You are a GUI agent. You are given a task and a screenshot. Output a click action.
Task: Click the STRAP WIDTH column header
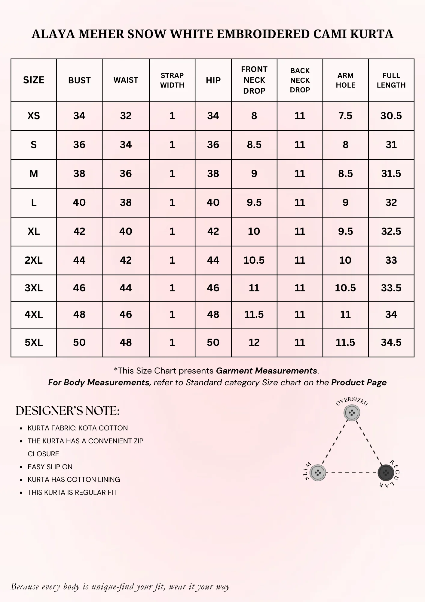point(172,80)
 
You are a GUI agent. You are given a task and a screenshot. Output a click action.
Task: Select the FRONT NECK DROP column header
point(254,80)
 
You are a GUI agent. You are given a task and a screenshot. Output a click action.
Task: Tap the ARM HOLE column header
point(345,80)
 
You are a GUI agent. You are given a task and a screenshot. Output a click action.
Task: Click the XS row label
point(34,116)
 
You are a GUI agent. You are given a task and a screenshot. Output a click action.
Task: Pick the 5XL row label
point(34,342)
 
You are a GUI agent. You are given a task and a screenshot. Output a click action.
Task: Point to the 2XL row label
point(34,260)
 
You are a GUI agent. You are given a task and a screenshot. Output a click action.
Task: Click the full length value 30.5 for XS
point(391,116)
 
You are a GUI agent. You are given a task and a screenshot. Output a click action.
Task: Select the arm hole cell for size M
point(345,174)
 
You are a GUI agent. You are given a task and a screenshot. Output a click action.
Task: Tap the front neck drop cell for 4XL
point(254,315)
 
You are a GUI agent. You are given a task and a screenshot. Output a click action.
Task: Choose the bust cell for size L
point(79,203)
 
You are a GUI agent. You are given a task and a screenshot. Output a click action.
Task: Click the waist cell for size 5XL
point(126,342)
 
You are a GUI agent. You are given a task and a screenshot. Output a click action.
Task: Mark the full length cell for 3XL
point(391,288)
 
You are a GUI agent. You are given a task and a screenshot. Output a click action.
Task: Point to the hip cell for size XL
point(213,231)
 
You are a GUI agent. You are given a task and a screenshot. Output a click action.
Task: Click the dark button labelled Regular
point(386,473)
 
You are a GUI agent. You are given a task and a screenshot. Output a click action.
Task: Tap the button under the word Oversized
point(352,413)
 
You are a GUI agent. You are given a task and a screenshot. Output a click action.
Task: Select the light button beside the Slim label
point(318,473)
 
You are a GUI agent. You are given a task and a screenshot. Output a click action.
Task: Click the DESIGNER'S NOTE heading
point(68,411)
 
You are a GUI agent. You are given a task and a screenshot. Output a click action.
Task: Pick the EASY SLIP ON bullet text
point(50,467)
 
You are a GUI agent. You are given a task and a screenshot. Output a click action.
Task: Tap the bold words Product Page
point(359,383)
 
